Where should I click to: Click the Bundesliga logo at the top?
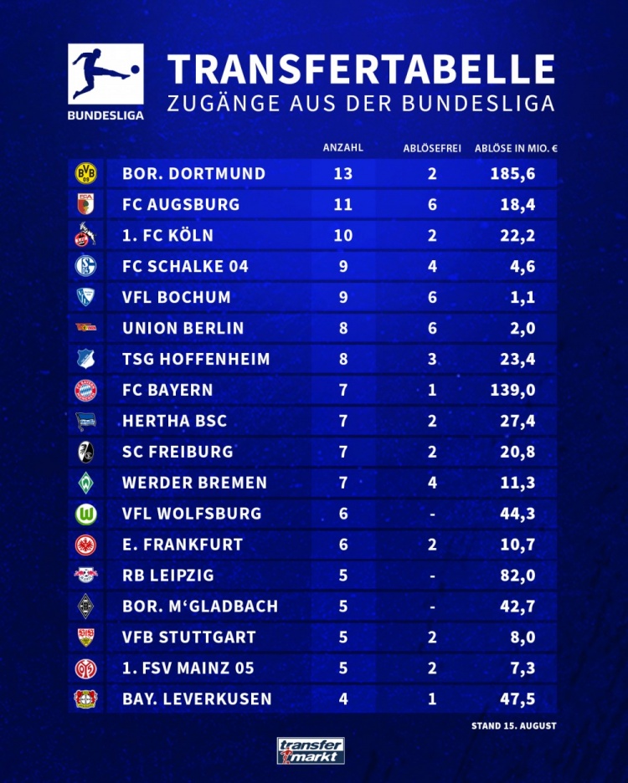coord(105,81)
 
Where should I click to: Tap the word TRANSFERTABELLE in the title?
coord(361,69)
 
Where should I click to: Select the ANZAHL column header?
coord(342,148)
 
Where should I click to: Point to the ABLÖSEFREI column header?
coord(432,148)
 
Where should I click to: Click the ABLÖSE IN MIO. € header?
coord(515,148)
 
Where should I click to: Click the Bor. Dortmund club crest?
coord(86,174)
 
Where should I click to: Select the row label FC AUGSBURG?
coord(181,205)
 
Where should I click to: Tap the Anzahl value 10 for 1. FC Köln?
coord(343,236)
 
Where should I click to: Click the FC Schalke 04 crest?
coord(86,267)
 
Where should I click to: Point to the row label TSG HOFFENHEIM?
coord(196,360)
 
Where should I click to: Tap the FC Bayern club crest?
coord(86,390)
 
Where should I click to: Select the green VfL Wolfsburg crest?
coord(86,514)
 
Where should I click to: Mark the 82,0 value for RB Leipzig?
coord(517,576)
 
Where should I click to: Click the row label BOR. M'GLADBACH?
coord(200,606)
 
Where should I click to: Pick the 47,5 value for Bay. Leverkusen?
coord(517,699)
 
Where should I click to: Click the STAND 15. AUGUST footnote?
coord(513,726)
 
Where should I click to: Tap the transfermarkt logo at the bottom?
coord(311,750)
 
